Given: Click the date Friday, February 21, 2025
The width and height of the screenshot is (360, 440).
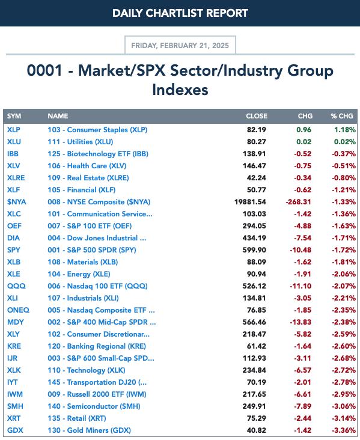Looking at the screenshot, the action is click(x=180, y=46).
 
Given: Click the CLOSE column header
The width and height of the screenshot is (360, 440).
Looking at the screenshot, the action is click(x=257, y=116).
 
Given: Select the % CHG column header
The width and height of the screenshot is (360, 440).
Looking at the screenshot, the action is click(x=342, y=116).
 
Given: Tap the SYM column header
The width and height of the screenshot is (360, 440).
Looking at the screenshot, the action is click(x=14, y=116).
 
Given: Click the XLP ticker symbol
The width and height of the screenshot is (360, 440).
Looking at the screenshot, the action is click(x=13, y=130).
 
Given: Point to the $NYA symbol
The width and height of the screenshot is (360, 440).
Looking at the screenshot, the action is click(x=17, y=202).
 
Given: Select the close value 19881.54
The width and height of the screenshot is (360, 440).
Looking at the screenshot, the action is click(x=250, y=202).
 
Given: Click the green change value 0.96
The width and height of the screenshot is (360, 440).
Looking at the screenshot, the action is click(x=304, y=130).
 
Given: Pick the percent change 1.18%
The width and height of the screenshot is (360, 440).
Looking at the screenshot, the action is click(x=345, y=130).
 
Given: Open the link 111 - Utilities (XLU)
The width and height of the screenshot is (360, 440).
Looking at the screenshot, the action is click(x=81, y=142).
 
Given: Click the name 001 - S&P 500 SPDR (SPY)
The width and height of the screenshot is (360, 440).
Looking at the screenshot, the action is click(x=92, y=249).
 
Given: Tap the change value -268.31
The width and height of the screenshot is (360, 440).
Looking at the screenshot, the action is click(x=299, y=202).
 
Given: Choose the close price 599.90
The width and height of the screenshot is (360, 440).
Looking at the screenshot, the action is click(x=254, y=249).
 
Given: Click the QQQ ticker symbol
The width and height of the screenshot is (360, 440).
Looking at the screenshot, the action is click(x=16, y=286).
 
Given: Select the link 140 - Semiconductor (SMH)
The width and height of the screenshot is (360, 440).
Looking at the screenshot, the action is click(x=94, y=406).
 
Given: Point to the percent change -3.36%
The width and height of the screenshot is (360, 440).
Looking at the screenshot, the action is click(x=344, y=430).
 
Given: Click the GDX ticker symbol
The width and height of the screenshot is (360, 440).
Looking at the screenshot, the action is click(x=15, y=430).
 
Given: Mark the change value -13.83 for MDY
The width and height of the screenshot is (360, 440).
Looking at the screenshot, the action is click(x=301, y=322).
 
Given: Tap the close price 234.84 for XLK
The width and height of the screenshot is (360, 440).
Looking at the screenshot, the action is click(x=254, y=370).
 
